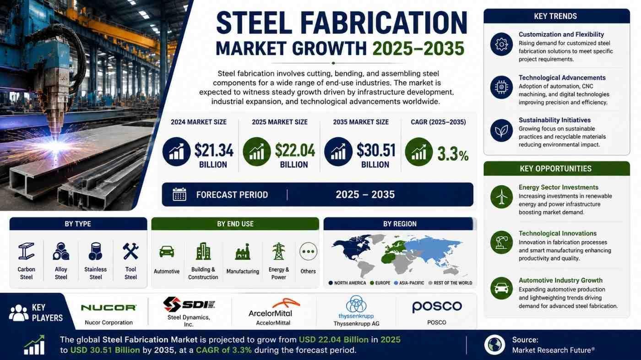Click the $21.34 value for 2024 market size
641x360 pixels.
pos(214,151)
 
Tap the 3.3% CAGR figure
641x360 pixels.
pos(453,155)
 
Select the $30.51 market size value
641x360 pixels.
pos(376,151)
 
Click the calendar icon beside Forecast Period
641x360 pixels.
pos(179,195)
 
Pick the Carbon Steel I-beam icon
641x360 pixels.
pos(27,251)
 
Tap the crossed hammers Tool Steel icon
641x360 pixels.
pos(130,251)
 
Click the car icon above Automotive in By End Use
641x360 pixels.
pos(167,251)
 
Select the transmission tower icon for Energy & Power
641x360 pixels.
pos(278,251)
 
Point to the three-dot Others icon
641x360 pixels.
pos(308,251)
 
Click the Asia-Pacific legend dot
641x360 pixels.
pos(396,283)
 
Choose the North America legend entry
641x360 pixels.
pos(348,283)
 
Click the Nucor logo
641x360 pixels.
pos(109,308)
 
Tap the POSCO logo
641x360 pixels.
pos(437,307)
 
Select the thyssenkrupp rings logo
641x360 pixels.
pos(356,304)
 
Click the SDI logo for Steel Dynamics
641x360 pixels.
pos(189,304)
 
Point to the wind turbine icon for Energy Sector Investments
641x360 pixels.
pos(501,196)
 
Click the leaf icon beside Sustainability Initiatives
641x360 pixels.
pos(501,131)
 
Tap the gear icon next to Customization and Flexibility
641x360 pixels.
pos(501,44)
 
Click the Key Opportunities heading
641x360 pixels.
pos(556,169)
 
